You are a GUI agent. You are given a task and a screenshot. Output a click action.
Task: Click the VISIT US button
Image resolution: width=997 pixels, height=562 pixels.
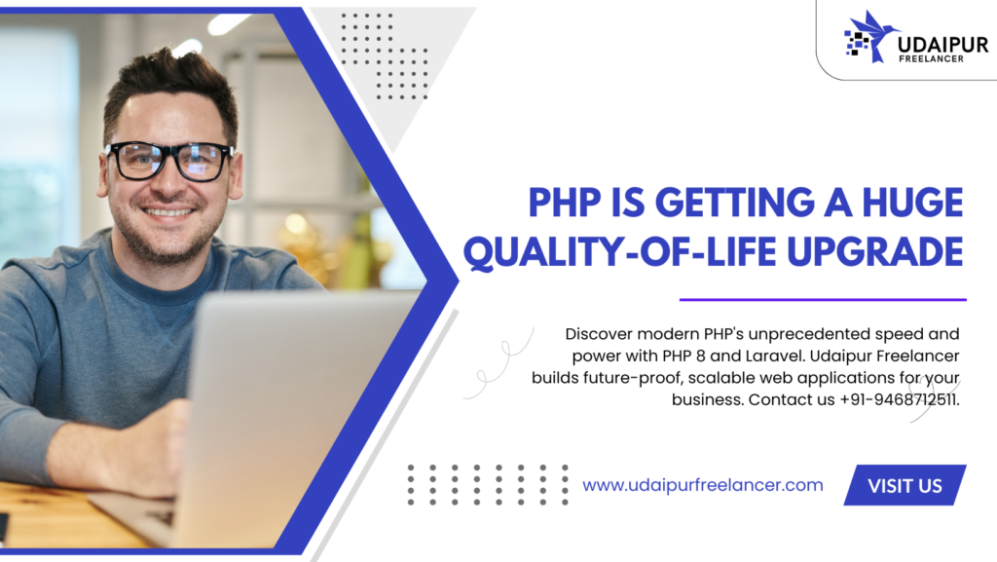[905, 485]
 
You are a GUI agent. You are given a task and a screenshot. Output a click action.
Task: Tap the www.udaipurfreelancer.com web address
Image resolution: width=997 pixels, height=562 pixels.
[703, 485]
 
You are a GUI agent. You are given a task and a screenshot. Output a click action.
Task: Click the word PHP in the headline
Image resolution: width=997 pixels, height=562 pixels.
[565, 203]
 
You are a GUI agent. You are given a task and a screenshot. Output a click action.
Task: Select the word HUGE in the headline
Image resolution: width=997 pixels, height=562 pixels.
[912, 203]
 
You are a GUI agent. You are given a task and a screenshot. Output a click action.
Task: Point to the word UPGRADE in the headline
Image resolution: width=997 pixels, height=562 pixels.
[875, 251]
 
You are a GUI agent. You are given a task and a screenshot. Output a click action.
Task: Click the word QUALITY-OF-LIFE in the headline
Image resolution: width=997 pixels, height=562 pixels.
[619, 252]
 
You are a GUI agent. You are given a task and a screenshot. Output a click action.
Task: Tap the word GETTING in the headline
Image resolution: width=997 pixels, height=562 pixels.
[734, 203]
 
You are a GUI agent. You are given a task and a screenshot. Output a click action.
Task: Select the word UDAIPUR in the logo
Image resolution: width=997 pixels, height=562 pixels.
[942, 45]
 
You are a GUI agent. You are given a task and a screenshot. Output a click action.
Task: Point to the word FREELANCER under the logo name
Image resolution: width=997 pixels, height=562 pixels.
[931, 59]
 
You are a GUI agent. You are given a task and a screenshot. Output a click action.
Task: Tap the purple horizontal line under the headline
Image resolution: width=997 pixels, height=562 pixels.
[823, 299]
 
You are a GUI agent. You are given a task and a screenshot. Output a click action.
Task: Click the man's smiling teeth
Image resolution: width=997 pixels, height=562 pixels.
[167, 211]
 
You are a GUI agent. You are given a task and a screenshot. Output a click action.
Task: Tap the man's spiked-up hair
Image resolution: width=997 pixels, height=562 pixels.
[170, 80]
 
